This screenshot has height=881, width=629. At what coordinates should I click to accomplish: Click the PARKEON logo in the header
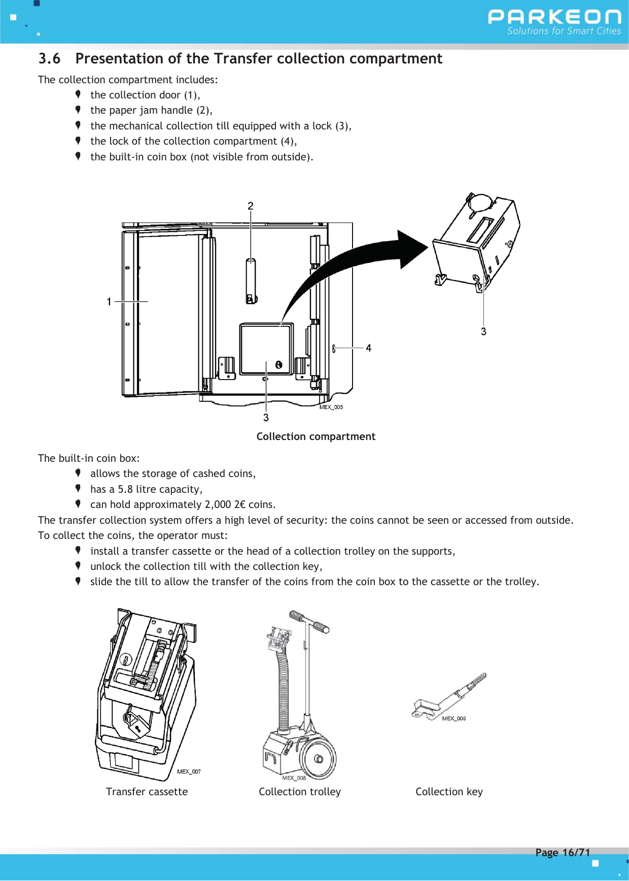pos(554,18)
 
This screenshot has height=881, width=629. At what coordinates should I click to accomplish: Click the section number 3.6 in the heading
pos(49,59)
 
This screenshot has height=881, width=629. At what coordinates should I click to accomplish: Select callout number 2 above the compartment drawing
pos(251,206)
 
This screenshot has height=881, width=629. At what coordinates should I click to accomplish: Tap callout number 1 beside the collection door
pos(109,302)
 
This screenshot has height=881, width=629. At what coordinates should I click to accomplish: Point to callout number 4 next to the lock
pos(368,348)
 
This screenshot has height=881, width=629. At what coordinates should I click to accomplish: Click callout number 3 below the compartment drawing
pos(266,418)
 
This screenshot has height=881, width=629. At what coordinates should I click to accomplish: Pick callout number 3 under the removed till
pos(483,331)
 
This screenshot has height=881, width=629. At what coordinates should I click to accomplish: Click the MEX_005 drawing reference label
pos(331,407)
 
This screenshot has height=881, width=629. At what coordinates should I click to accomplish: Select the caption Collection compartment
pos(316,437)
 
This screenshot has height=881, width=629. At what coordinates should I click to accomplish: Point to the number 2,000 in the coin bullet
pos(218,504)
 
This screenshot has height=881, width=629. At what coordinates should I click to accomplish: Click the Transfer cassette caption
pos(147,792)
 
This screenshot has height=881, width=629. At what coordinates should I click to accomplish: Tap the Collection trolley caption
pos(299,792)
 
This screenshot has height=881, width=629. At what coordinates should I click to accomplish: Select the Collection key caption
pos(449,792)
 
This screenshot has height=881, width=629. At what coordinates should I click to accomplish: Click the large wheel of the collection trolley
pos(318,759)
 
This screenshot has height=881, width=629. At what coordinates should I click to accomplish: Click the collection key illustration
pos(449,696)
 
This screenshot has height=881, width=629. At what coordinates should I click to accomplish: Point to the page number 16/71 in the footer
pos(576,853)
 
